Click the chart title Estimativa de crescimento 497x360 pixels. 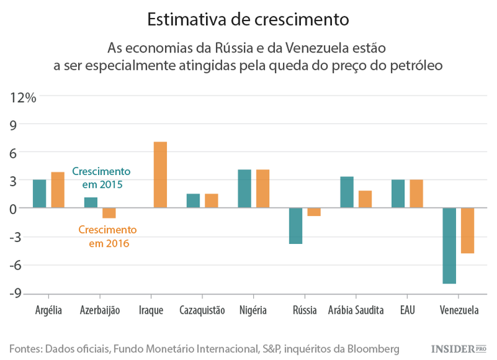248,19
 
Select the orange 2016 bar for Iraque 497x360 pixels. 160,175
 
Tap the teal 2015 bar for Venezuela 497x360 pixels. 450,245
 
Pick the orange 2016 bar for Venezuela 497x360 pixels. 468,230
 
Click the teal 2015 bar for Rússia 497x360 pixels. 296,225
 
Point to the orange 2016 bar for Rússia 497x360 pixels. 314,212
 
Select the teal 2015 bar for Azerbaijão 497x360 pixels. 91,203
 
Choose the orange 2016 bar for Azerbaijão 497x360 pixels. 109,213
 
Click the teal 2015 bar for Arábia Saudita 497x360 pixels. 347,192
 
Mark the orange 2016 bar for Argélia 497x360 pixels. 58,190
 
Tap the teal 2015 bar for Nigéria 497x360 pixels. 245,189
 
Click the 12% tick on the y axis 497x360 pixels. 23,97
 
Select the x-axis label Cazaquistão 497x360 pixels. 202,310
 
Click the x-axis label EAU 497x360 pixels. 408,310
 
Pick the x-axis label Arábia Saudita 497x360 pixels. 356,310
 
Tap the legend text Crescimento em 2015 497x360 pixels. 101,176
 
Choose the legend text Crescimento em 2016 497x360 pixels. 107,237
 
